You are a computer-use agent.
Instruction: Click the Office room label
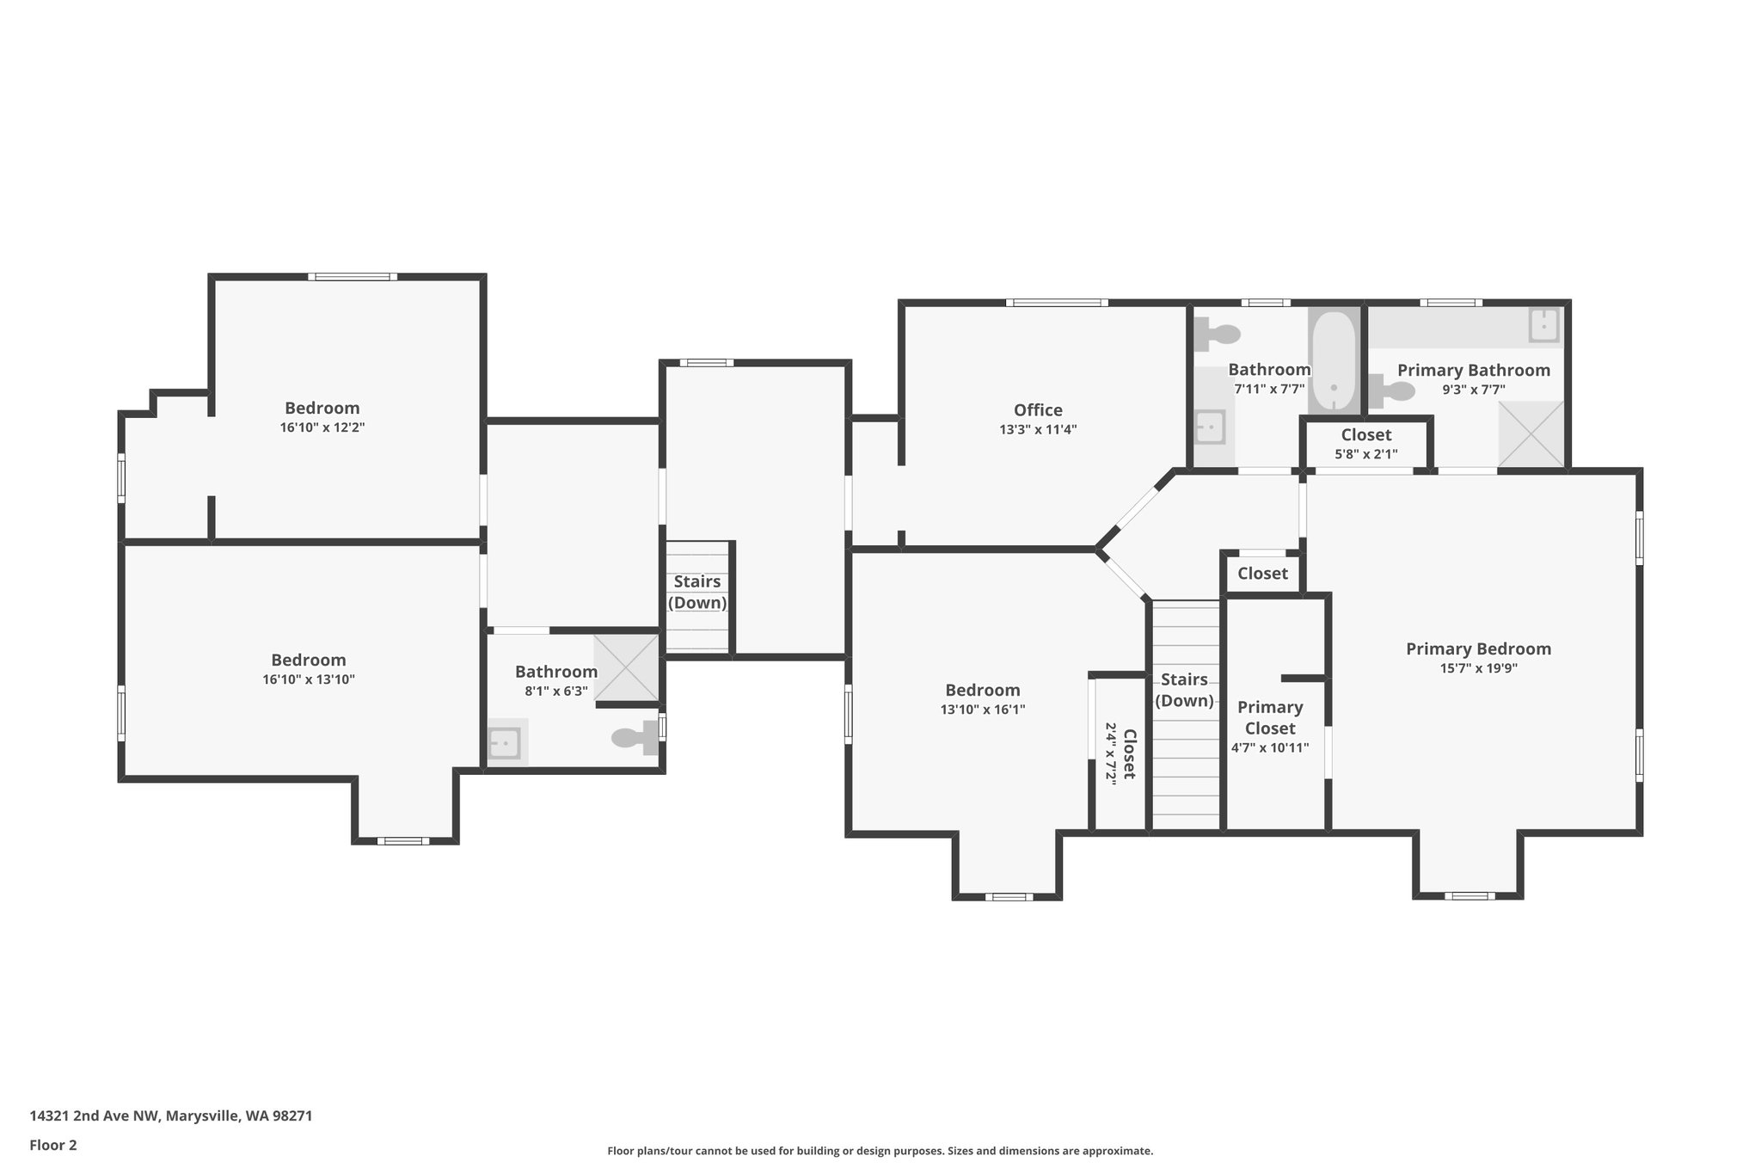coord(1038,410)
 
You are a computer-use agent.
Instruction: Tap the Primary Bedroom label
coord(1478,649)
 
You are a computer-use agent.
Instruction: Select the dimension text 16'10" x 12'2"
coord(322,427)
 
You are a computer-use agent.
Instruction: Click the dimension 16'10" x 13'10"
coord(308,679)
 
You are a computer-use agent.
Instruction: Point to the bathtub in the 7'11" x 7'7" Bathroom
coord(1333,361)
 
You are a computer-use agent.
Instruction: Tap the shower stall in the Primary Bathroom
coord(1530,434)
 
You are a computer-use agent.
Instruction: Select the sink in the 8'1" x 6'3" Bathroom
coord(504,742)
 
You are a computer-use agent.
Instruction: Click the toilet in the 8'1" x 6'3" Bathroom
coord(637,737)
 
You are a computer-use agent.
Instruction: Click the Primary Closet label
coord(1270,717)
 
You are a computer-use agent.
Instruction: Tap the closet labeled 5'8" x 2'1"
coord(1365,443)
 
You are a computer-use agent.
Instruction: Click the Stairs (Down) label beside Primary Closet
coord(1184,690)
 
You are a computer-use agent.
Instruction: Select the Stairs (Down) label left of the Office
coord(697,592)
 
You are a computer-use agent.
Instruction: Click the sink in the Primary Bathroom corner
coord(1544,326)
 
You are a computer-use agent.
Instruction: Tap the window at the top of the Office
coord(1057,303)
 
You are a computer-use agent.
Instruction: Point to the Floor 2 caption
coord(53,1145)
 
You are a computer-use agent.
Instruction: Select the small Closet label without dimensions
coord(1262,574)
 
